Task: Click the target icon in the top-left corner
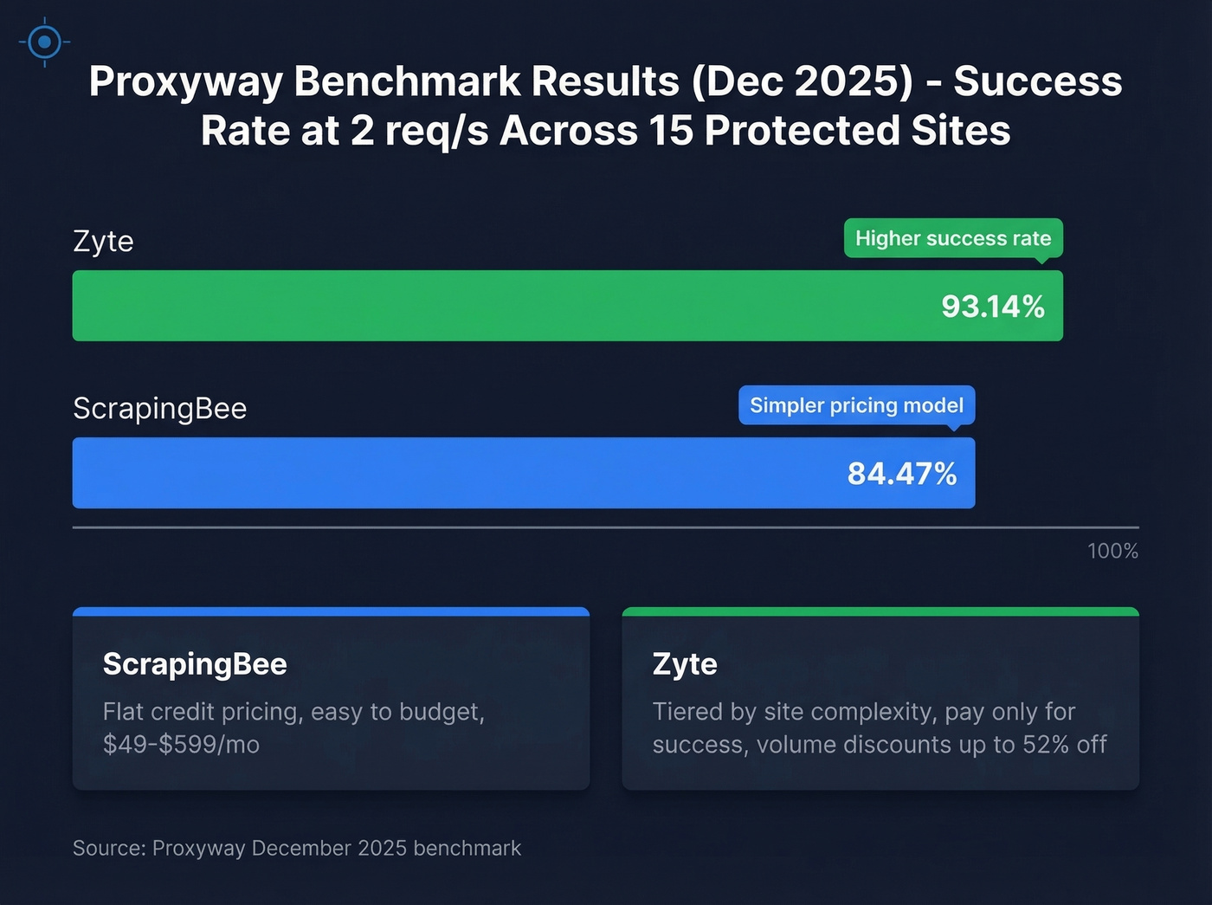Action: pos(44,42)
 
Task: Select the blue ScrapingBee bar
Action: pos(433,473)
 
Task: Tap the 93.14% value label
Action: pos(992,307)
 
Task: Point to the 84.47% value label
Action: pos(901,474)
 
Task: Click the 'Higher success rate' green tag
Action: pos(952,238)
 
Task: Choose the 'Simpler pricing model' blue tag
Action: pos(856,405)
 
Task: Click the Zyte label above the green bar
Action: pos(103,241)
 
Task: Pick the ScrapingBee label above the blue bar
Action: pos(160,408)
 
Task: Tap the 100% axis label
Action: pos(1112,551)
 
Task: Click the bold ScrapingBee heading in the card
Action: pos(195,664)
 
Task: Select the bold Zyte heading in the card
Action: pos(685,664)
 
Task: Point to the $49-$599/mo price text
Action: pos(181,745)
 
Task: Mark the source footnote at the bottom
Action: pos(297,848)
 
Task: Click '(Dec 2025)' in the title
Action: pos(802,81)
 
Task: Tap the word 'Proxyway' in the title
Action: pos(185,81)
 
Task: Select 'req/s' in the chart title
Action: pos(436,132)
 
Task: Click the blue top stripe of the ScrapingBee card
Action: pos(331,611)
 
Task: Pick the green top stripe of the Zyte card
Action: pos(880,611)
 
